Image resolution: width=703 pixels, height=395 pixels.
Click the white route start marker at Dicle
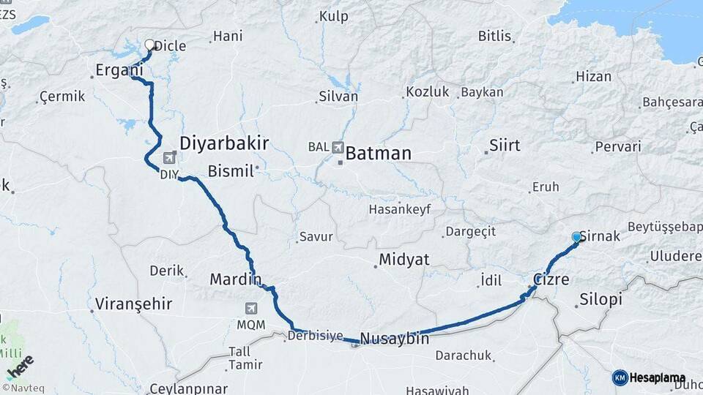(150, 45)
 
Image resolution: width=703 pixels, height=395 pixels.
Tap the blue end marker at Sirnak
(576, 237)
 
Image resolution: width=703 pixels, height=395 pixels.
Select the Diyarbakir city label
(224, 143)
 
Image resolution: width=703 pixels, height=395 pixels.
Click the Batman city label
(378, 154)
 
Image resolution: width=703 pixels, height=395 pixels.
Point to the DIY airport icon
(170, 157)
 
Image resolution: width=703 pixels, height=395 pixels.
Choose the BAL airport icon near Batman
(338, 147)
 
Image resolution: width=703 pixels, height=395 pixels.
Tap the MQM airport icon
(252, 309)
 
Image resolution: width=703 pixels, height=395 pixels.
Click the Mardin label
(235, 279)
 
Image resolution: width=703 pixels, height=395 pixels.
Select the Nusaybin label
(395, 339)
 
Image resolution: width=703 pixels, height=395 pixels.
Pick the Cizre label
(551, 279)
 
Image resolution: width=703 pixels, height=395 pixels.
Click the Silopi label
(600, 299)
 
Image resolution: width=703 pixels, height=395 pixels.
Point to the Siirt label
(505, 145)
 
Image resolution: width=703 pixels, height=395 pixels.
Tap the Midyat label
(403, 260)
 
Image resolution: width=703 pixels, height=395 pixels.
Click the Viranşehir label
(133, 304)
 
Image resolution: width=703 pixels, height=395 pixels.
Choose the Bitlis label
(495, 36)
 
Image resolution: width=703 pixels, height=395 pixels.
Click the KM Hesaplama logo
(649, 377)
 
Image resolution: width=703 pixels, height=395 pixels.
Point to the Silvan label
(338, 96)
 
